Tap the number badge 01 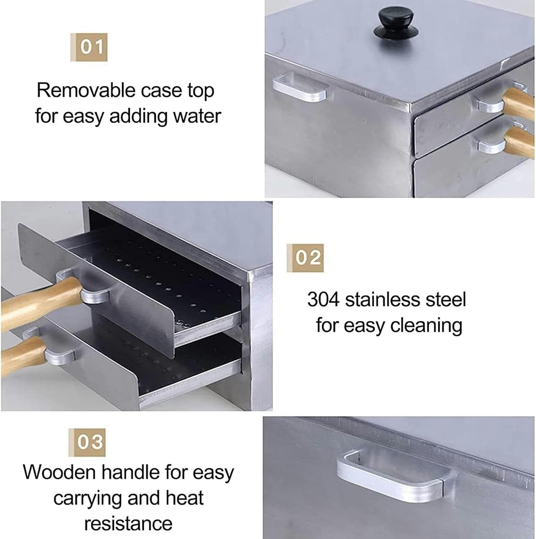(89, 47)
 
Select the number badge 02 (305, 258)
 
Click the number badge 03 (87, 442)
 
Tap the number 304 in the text (323, 299)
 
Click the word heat (184, 498)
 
